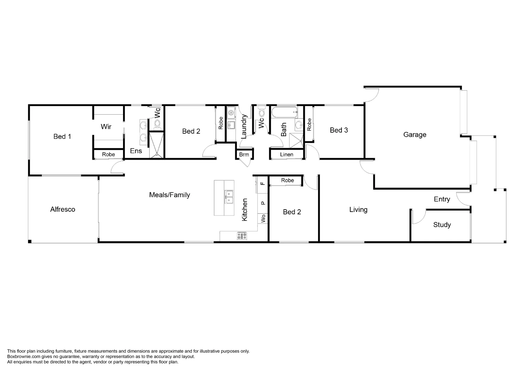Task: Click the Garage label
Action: click(415, 135)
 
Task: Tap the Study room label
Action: click(442, 225)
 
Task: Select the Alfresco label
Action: click(63, 209)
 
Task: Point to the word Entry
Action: click(442, 199)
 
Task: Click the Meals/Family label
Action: click(169, 195)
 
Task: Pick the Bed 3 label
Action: click(339, 130)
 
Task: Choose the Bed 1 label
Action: click(62, 136)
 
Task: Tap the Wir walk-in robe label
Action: click(106, 127)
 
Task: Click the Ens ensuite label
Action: click(136, 151)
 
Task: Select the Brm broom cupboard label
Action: click(244, 154)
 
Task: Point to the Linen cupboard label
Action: click(286, 154)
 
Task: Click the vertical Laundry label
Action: click(244, 126)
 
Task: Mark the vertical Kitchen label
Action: click(245, 210)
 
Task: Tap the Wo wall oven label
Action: click(263, 218)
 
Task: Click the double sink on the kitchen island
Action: click(229, 197)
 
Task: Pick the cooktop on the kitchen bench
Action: click(242, 236)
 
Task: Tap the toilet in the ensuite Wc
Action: click(157, 124)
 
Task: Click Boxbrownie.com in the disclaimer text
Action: click(21, 357)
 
